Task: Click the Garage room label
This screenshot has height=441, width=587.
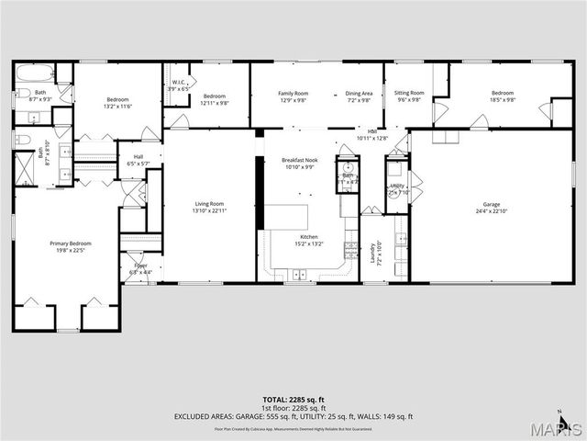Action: coord(492,205)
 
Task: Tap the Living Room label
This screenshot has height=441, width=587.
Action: coord(209,204)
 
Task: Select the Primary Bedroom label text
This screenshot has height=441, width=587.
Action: coord(66,243)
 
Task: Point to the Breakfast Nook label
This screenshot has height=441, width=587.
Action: coord(298,160)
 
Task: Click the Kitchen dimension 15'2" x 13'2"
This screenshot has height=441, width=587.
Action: coord(308,244)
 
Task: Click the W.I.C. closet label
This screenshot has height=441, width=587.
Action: coord(179,83)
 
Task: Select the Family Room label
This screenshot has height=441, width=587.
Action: coord(293,93)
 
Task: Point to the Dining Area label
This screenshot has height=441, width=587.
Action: coord(359,93)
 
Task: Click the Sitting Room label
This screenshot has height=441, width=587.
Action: coord(409,93)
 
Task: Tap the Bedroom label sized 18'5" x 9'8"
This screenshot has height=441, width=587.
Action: coord(502,93)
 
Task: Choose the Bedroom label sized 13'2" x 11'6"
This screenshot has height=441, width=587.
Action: coord(117,99)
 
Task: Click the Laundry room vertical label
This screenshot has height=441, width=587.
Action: coord(373,252)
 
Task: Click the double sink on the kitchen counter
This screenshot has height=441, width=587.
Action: coord(299,273)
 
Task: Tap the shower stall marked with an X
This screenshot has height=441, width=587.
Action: coord(24,170)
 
